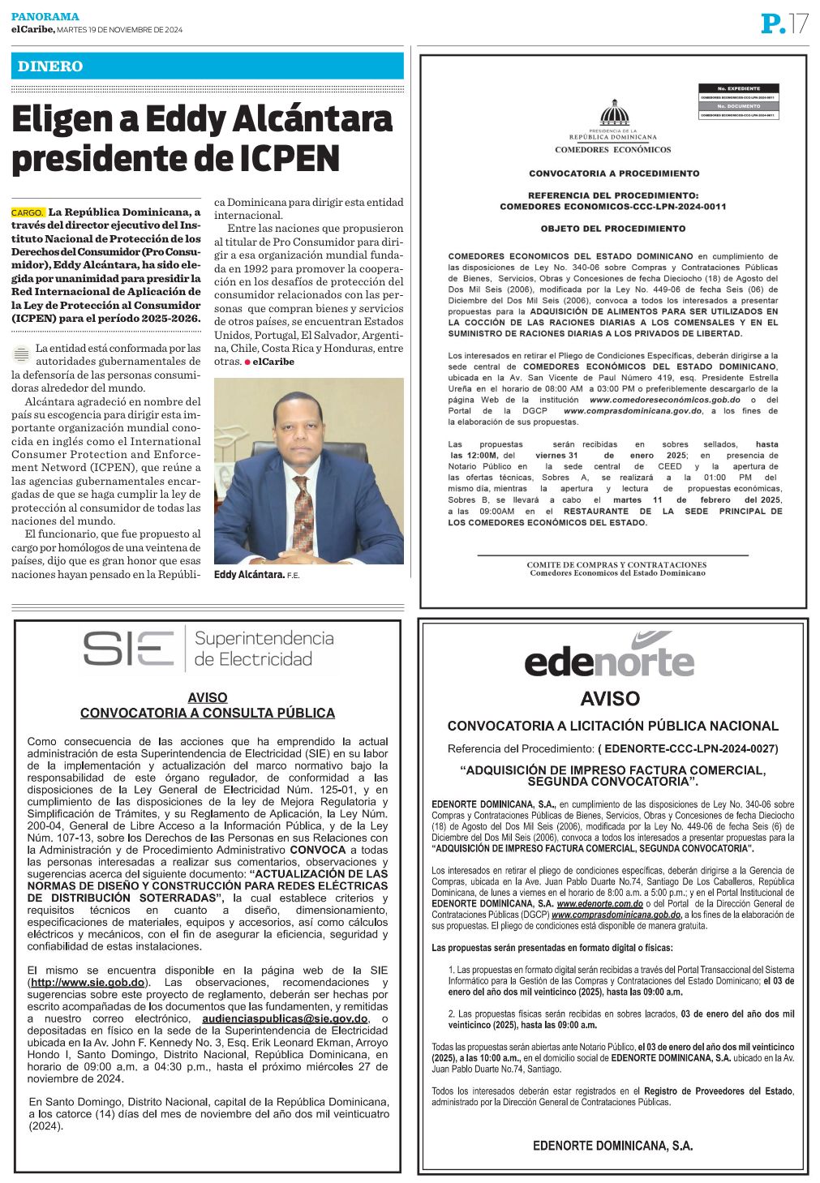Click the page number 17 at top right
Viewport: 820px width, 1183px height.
[798, 24]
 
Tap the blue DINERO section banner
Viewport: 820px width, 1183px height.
[207, 66]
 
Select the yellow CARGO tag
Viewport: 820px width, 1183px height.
[28, 212]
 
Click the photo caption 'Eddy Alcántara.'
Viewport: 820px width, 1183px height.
[248, 575]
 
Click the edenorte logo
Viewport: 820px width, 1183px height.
[609, 658]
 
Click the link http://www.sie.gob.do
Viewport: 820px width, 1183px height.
[88, 983]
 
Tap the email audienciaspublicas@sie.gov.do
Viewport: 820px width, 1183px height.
[285, 1018]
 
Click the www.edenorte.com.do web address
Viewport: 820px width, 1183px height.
[600, 903]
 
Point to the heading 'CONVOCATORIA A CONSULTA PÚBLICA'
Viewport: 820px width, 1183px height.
[208, 714]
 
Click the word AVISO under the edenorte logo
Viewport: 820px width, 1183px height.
[610, 698]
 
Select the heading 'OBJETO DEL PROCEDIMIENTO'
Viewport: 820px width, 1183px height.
[613, 229]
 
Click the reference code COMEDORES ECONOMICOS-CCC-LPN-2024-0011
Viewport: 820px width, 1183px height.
[613, 207]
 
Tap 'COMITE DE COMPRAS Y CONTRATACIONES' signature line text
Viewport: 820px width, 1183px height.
[616, 564]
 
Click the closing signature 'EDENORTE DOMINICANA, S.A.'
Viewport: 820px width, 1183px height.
[612, 1146]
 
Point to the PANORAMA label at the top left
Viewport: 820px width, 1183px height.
[45, 16]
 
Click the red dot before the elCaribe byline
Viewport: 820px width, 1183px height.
[247, 362]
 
